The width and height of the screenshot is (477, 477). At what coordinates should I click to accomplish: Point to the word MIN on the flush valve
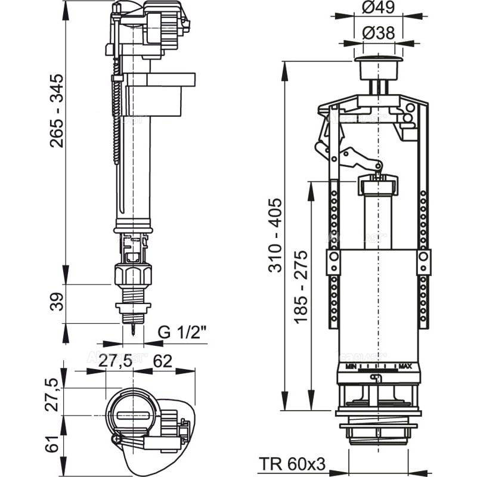(351, 365)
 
